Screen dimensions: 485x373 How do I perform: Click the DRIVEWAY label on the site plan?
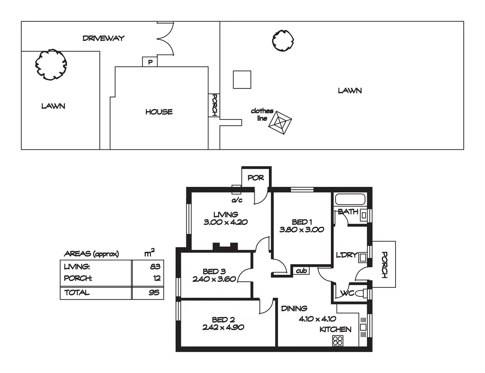click(103, 38)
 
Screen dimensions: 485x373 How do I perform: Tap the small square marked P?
click(150, 62)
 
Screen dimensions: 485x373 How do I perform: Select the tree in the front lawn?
click(51, 65)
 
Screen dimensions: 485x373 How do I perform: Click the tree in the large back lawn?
click(283, 41)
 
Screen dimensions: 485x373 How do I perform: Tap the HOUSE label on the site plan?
click(159, 112)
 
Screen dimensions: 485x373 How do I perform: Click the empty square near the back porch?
click(242, 80)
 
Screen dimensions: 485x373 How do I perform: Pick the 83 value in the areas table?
click(155, 267)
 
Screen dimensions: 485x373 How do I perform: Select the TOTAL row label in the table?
click(77, 293)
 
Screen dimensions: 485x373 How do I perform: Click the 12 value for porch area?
click(157, 278)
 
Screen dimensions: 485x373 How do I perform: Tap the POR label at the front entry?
click(256, 178)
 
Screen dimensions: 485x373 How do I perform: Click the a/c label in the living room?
click(237, 200)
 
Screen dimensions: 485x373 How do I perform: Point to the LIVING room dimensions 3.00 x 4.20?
click(226, 222)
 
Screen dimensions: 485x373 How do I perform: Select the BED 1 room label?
click(302, 222)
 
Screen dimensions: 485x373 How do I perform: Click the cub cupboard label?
click(301, 271)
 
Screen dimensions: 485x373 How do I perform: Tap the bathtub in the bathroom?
click(350, 200)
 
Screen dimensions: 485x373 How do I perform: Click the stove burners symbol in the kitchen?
click(338, 340)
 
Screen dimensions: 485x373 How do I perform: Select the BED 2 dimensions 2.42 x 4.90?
click(223, 328)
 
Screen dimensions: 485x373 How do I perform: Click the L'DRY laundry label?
click(346, 255)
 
